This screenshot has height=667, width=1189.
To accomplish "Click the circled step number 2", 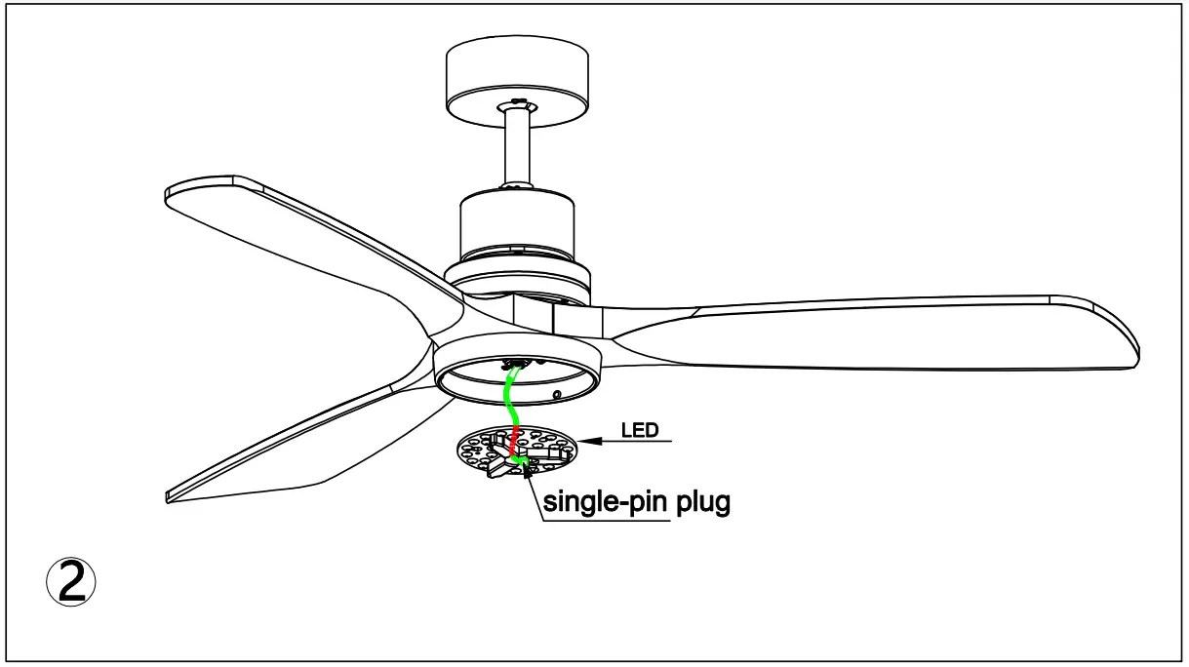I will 71,582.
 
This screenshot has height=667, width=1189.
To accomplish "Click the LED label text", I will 640,429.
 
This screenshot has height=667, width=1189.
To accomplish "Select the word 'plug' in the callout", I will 700,503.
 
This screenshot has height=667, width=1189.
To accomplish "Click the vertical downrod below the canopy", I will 517,146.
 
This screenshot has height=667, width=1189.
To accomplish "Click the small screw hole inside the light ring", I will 556,395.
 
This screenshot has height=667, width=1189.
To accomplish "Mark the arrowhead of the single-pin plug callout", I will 531,473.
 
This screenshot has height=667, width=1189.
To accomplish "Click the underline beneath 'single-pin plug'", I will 606,520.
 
